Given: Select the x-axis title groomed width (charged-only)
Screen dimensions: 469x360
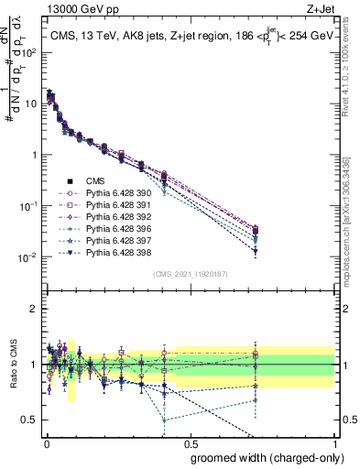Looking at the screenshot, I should [x=263, y=457].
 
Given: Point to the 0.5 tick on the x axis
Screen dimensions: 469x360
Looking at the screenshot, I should [x=191, y=442].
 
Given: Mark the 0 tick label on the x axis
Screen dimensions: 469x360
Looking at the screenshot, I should [x=46, y=442].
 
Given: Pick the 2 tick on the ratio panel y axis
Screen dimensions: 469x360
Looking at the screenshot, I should [x=35, y=309].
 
